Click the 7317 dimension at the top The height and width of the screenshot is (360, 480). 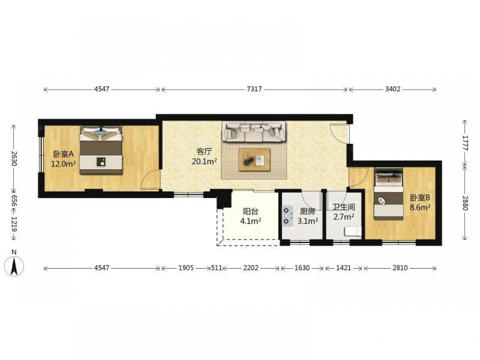coord(254,89)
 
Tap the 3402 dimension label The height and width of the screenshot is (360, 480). coord(393,89)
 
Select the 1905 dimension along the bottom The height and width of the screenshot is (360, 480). coord(186,268)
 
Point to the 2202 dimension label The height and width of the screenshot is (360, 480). coord(251,268)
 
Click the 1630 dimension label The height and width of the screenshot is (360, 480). coord(302,268)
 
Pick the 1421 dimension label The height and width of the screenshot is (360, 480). coord(344,268)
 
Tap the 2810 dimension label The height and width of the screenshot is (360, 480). coord(400,268)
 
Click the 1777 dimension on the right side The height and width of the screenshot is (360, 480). coord(465,143)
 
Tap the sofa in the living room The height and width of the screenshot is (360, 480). coord(254,132)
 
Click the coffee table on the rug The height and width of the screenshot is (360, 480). coord(254,160)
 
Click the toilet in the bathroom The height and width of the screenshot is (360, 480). coord(353,231)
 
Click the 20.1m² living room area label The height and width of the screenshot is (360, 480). coord(204,161)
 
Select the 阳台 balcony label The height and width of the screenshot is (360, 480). coord(251,212)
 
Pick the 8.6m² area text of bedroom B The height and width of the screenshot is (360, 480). coord(420,207)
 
